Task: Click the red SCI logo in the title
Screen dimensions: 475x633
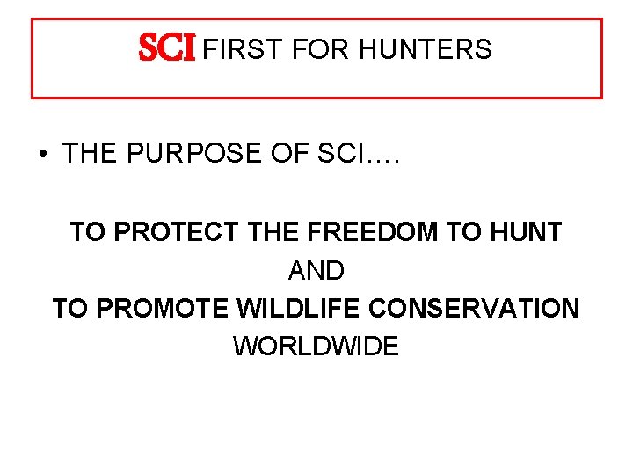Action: click(168, 50)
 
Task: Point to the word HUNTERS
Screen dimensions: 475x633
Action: click(426, 50)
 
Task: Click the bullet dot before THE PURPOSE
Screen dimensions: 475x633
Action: click(41, 155)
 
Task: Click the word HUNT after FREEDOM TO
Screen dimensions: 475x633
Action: click(525, 232)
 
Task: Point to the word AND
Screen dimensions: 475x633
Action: click(316, 271)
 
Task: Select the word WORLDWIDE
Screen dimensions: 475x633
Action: click(316, 347)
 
